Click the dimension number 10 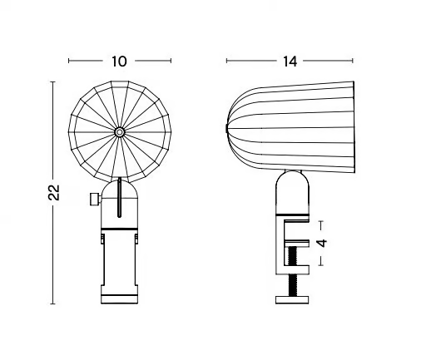click(119, 62)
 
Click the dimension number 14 click(290, 62)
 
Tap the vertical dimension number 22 click(54, 192)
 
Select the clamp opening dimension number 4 click(322, 244)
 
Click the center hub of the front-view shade click(120, 132)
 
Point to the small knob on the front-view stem click(96, 199)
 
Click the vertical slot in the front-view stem click(120, 198)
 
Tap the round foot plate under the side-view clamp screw click(292, 300)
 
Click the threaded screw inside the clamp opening click(292, 256)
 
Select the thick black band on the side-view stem click(292, 215)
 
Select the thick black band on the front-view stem click(120, 229)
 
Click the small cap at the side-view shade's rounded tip click(226, 128)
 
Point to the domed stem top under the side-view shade click(292, 192)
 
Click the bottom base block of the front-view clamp click(120, 299)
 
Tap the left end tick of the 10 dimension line click(69, 61)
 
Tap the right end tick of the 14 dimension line click(353, 61)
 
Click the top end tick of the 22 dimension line click(52, 81)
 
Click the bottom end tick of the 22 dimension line click(52, 303)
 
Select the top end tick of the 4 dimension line click(321, 221)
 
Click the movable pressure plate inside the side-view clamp click(297, 244)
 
